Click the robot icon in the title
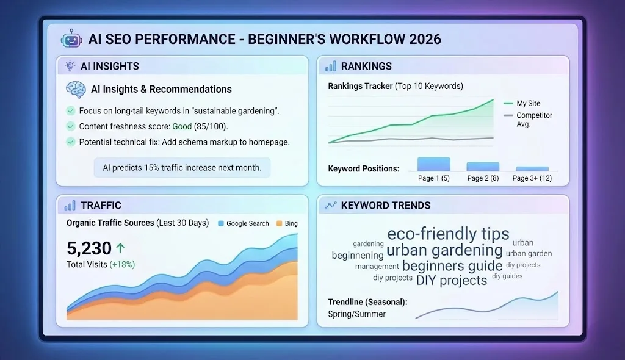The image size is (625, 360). point(71,39)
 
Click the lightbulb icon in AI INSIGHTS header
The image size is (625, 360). point(70,66)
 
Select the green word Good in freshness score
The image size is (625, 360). point(182,126)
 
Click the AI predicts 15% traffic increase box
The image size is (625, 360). point(182,167)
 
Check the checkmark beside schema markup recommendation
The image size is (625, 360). point(70,142)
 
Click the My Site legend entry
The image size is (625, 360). point(527,103)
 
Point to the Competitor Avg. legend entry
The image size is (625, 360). point(533,119)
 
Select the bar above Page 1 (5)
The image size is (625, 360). point(433,164)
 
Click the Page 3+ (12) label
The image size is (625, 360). point(532,178)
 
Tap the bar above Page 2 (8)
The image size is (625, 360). point(483,166)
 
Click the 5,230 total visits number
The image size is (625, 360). point(89,248)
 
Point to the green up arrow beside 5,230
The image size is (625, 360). point(120,248)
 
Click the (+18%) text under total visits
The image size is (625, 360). point(122,264)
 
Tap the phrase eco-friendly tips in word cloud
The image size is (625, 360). point(448,234)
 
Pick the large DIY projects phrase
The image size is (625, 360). point(452,280)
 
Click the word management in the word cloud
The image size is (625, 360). point(377,267)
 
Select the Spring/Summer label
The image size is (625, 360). point(356,314)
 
